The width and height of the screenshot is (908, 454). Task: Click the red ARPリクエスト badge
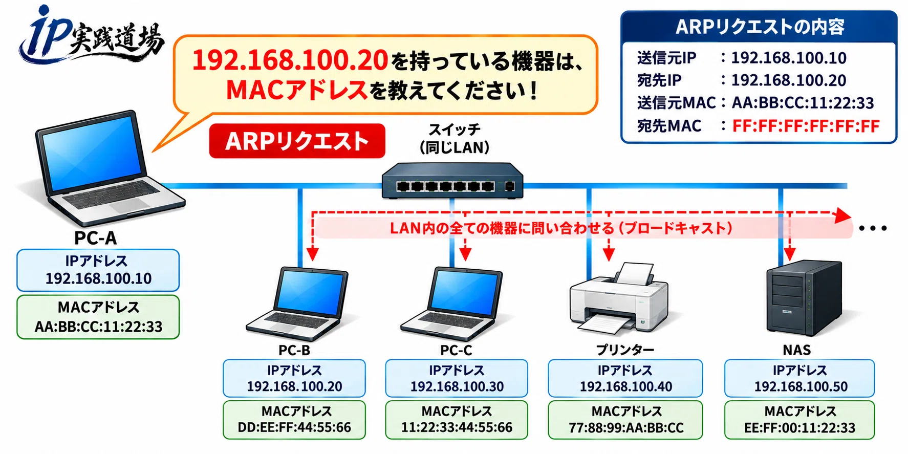(x=297, y=141)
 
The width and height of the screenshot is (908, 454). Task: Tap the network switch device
(x=452, y=180)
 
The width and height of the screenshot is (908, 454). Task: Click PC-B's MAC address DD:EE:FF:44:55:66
(x=294, y=427)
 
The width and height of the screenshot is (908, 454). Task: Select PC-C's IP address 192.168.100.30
(x=457, y=386)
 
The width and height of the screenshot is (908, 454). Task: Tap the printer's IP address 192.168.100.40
(x=625, y=386)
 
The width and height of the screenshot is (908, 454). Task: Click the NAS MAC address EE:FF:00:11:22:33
(x=799, y=427)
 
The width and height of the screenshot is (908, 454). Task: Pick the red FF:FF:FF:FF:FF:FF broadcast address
(x=806, y=126)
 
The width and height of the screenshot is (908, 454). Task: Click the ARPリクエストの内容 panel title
(x=760, y=27)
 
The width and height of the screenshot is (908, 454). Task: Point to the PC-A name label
(x=96, y=238)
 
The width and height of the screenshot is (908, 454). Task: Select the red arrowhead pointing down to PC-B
(x=312, y=254)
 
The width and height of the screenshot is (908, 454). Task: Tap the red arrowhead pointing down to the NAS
(x=790, y=254)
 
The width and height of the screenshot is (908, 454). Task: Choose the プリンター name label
(x=625, y=350)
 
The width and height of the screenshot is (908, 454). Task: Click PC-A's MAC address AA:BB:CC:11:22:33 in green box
(x=98, y=327)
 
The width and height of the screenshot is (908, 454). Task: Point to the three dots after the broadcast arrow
(x=873, y=228)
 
